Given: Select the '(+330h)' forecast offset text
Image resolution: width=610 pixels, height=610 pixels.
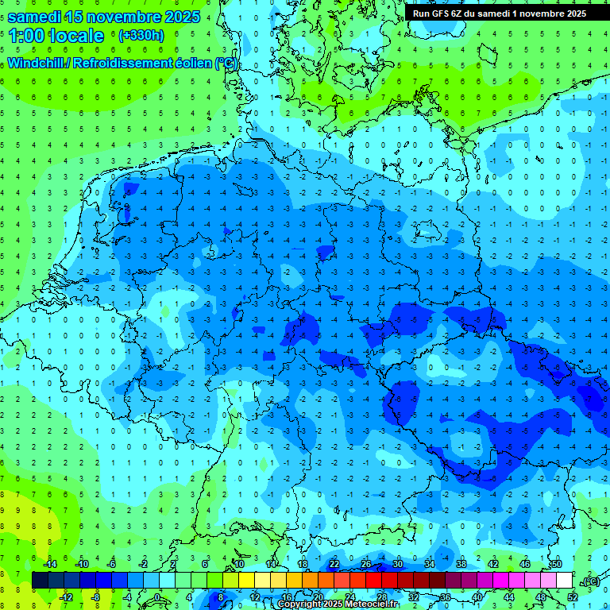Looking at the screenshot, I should pos(141,36).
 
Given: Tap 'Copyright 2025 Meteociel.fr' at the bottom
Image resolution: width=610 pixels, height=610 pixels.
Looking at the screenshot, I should pos(338,604).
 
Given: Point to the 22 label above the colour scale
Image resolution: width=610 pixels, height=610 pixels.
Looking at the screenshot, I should pos(334,564).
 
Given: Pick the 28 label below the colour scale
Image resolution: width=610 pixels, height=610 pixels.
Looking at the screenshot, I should pos(382,597).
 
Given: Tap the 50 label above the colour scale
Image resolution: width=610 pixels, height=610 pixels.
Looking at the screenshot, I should pos(557,564).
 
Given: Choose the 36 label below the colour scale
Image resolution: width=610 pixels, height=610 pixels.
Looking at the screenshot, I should pos(446,597).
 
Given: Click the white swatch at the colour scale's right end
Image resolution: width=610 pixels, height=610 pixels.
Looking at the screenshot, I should pos(564,581).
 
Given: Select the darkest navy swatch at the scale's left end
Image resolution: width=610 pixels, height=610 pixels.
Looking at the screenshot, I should pos(40,581).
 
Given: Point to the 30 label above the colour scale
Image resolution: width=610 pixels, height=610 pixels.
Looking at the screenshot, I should pos(398,564).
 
